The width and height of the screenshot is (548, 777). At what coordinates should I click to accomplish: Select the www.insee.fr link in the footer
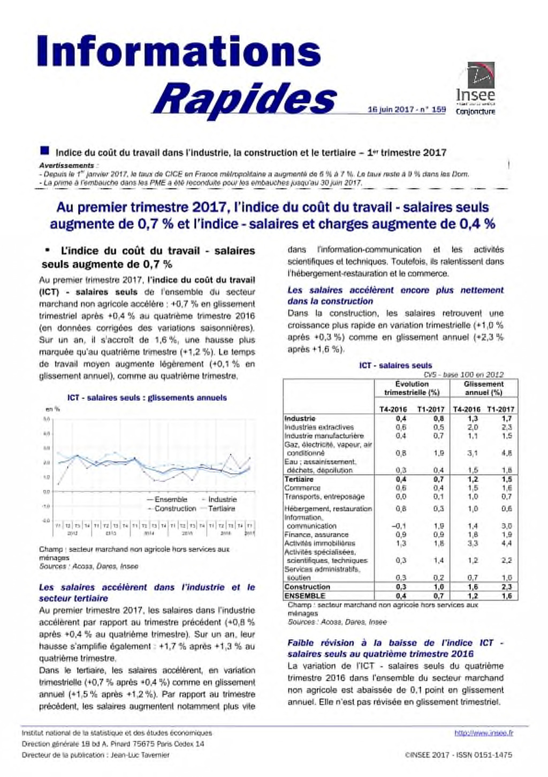point(483,733)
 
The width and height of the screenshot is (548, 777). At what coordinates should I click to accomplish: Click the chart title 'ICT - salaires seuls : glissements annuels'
point(147,398)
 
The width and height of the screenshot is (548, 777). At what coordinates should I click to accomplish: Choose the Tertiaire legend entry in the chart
point(222,509)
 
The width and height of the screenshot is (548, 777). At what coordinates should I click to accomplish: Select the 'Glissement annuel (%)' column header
point(483,388)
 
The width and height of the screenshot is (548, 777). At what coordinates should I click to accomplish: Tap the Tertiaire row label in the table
point(299,479)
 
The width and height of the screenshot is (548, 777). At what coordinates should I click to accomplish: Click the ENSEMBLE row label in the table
point(305,595)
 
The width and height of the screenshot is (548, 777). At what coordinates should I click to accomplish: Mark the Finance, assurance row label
point(316,534)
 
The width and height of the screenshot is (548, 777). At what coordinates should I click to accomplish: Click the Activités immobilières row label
point(319,543)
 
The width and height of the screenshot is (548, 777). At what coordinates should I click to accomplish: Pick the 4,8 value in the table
point(506,453)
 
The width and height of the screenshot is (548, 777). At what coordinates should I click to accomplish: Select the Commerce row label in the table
point(302,488)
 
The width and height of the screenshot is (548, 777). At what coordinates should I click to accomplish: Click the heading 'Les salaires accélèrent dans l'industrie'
point(147,592)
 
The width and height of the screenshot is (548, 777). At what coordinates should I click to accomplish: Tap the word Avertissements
point(66,166)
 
